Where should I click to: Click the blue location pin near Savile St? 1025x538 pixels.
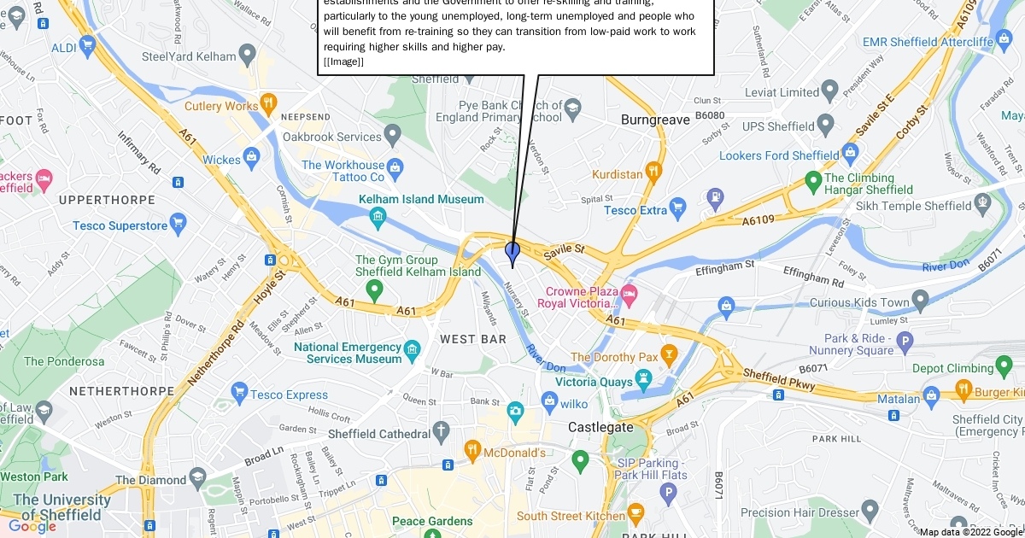click(x=512, y=253)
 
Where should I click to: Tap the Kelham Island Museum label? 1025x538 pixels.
click(x=421, y=199)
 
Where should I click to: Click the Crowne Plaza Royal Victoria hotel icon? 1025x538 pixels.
click(x=630, y=293)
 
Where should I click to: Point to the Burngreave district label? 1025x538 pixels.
click(x=655, y=120)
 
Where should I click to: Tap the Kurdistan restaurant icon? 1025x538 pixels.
click(x=654, y=170)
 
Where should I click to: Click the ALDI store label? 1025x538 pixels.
click(x=64, y=49)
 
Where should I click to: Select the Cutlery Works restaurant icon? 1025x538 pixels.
click(x=268, y=102)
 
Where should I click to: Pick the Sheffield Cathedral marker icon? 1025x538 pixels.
click(x=441, y=429)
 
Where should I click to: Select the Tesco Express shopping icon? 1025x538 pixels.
click(x=240, y=390)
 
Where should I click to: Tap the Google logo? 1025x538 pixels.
click(x=32, y=526)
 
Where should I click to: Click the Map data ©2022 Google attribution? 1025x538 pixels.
click(x=970, y=532)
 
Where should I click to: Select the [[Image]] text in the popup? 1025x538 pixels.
click(x=343, y=61)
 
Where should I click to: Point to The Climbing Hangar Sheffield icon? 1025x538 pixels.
click(x=814, y=182)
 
